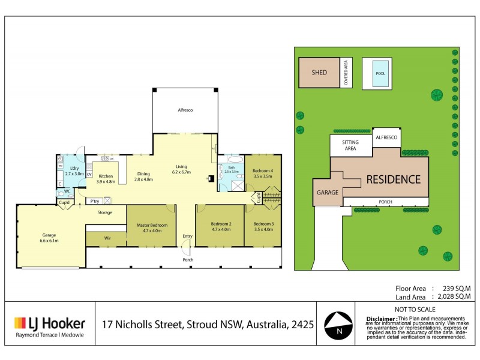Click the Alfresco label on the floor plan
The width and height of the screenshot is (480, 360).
coord(184,110)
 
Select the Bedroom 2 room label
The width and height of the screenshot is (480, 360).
coord(220,227)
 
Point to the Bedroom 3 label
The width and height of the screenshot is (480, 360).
coord(263,227)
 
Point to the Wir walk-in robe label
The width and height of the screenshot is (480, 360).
coord(107,238)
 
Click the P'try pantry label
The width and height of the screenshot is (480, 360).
coord(95,202)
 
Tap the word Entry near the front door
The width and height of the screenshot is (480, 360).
coord(187,236)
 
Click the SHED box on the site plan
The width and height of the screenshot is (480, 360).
coord(319,73)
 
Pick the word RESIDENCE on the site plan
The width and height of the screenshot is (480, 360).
coord(394,179)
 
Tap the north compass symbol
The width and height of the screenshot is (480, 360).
coord(338,325)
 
